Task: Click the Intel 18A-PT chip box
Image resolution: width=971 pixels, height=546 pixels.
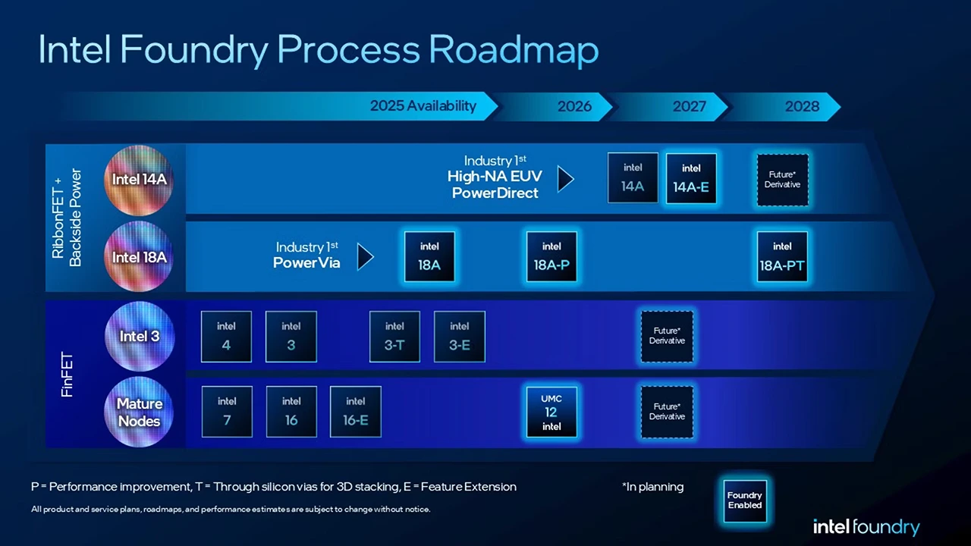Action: coord(782,256)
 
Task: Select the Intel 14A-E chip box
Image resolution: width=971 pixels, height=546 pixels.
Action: coord(691,178)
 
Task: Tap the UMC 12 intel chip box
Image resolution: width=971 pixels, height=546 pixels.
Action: coord(551,413)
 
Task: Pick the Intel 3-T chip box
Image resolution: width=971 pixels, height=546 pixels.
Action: coord(394,336)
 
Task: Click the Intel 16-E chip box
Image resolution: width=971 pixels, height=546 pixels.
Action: coord(356,412)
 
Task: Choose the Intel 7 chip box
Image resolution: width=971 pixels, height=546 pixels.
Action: coord(227,412)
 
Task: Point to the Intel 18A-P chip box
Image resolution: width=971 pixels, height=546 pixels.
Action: coord(551,256)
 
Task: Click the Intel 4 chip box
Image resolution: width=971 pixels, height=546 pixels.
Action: coord(226,336)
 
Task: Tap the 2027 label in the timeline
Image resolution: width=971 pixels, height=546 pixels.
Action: coord(689,106)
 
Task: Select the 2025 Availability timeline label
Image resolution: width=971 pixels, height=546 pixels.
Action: coord(423,106)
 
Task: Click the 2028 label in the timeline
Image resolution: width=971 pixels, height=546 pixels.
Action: coord(802,106)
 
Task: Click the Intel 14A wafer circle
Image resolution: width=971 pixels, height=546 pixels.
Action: coord(139,180)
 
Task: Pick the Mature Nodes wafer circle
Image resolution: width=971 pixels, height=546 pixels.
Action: coord(139,412)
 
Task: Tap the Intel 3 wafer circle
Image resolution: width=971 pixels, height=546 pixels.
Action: coord(139,336)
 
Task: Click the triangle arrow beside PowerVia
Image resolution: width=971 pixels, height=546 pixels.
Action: coord(365,256)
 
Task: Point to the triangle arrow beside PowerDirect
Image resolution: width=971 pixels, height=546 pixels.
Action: coord(565,179)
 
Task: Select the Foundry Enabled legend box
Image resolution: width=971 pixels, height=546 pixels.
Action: coord(745,500)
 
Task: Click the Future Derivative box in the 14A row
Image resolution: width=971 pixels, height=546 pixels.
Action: coord(782,180)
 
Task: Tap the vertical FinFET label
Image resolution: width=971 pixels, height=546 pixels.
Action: coord(68,372)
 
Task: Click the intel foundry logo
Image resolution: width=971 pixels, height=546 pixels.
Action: coord(866,527)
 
